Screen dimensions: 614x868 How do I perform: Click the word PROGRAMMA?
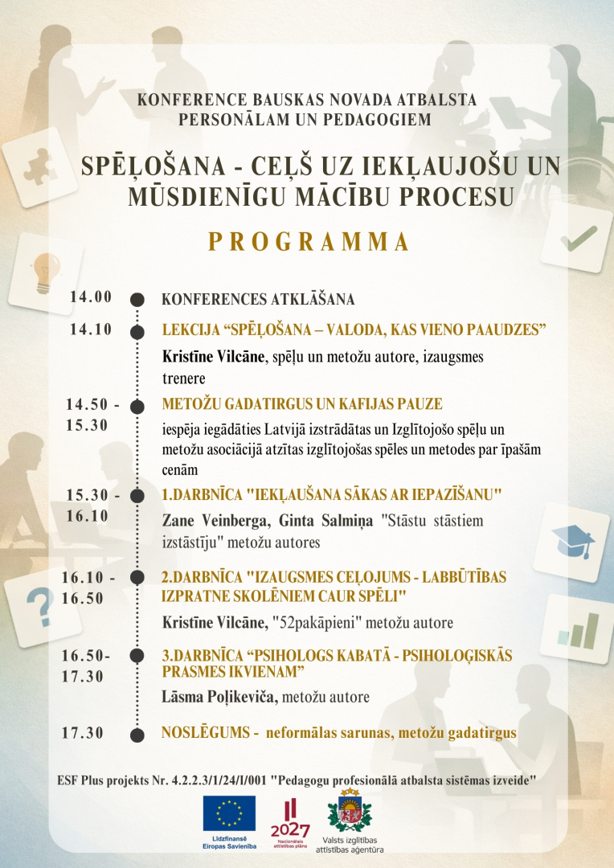309,242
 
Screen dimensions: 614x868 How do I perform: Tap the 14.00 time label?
91,297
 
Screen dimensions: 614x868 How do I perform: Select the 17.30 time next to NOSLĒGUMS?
83,732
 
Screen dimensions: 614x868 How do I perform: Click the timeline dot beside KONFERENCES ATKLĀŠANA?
137,300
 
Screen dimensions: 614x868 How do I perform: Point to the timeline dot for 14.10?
137,330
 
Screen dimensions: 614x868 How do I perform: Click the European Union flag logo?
229,813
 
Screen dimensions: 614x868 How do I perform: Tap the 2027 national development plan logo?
290,818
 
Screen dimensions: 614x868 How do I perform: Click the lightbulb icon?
45,264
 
